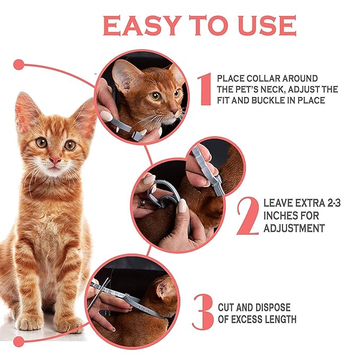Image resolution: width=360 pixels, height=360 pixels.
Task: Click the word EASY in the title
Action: point(142,25)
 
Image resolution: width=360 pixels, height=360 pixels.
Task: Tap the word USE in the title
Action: point(267,25)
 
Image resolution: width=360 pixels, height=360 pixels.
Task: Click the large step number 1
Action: point(205,89)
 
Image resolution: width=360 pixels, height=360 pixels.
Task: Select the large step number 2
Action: point(248,216)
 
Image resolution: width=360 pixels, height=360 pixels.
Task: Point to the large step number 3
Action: point(203,312)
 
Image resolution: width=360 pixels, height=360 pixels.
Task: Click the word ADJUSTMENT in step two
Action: point(294,228)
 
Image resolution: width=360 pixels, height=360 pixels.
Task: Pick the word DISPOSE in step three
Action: point(274,307)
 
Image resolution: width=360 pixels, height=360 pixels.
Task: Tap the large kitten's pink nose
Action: point(55,160)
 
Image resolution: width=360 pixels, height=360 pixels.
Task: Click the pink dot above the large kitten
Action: point(19,65)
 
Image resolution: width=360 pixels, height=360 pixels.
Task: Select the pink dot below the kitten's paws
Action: point(19,342)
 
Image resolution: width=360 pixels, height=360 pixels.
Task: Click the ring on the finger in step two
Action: point(143,204)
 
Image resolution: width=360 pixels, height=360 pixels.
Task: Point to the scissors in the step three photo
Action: point(99,294)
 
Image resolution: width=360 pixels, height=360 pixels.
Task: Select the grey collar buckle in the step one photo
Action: point(137,135)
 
